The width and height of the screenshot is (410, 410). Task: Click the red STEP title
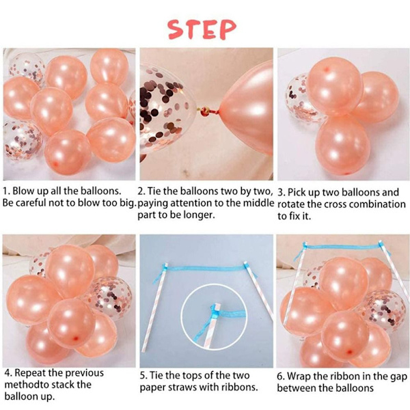pos(202,29)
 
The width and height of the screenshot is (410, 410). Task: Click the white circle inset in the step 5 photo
pos(214,317)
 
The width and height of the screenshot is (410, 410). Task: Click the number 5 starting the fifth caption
pos(143,376)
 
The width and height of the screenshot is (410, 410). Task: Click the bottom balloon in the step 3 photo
pos(343,145)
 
